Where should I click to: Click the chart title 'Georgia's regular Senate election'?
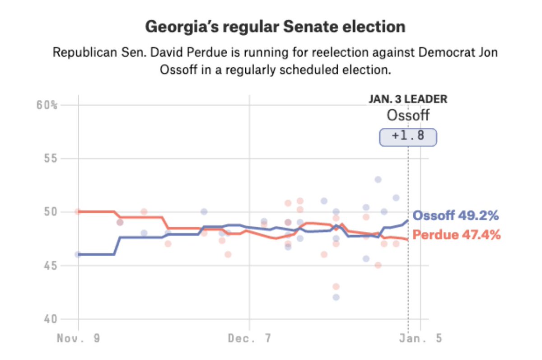(275, 27)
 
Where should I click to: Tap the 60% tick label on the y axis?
(47, 105)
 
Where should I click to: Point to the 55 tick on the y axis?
(51, 159)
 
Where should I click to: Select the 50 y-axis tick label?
(51, 212)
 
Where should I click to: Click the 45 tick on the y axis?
(51, 266)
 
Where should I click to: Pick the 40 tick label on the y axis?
(51, 319)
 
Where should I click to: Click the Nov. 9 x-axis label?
(78, 338)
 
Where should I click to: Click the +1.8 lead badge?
(408, 137)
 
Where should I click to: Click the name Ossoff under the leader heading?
(408, 116)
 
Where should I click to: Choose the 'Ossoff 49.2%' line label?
(456, 216)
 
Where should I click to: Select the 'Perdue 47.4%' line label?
(457, 235)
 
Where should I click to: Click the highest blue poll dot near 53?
(378, 179)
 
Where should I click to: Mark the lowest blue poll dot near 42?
(336, 297)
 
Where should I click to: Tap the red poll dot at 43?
(336, 286)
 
